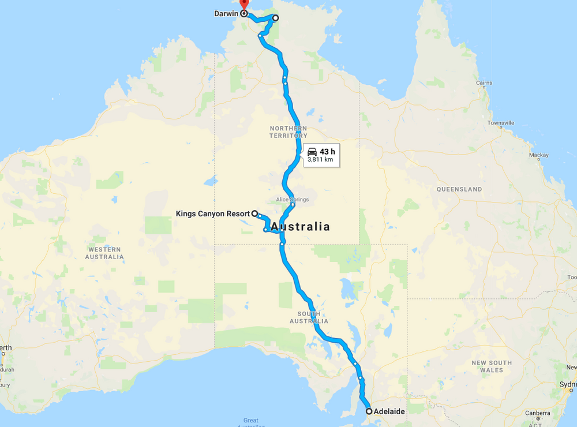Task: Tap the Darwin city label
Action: (x=226, y=13)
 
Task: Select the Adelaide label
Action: (x=389, y=411)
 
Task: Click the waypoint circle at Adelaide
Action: (x=369, y=411)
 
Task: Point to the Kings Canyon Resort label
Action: (x=212, y=213)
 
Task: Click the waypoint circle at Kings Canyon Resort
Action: (x=254, y=213)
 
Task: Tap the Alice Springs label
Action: (x=293, y=200)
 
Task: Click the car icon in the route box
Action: (x=312, y=151)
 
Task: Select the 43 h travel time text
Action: (x=327, y=151)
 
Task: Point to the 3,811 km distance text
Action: (x=321, y=159)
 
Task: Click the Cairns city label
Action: (x=484, y=83)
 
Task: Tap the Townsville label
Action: (x=500, y=123)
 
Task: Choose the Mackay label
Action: (x=539, y=155)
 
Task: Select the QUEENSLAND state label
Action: (x=459, y=189)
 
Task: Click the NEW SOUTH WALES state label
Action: (x=491, y=366)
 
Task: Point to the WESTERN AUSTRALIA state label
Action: (x=104, y=253)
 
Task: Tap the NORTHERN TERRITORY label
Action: (x=288, y=132)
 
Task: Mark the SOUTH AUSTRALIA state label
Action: (x=309, y=317)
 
